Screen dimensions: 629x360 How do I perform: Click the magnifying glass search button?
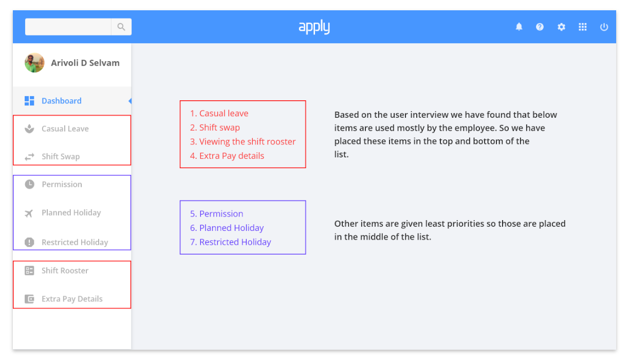click(121, 27)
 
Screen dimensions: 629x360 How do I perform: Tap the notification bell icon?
click(519, 27)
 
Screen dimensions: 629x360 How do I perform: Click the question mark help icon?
click(540, 27)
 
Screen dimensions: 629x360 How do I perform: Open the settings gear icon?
click(561, 27)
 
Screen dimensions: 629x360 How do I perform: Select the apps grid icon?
click(583, 27)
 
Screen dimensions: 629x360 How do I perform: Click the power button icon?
click(604, 27)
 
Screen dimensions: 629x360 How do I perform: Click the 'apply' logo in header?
click(314, 27)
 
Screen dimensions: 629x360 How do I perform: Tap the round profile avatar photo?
click(34, 63)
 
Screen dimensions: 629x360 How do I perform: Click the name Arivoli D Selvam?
click(85, 63)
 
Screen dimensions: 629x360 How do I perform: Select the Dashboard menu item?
click(62, 101)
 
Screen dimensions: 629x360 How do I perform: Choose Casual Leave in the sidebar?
click(65, 129)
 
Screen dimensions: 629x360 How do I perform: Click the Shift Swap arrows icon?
click(29, 156)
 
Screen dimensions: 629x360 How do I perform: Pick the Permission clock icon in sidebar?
click(29, 184)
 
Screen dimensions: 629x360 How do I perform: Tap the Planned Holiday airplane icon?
click(29, 213)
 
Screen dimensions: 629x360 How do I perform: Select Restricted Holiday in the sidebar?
click(75, 242)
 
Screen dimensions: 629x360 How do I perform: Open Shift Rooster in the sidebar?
click(65, 271)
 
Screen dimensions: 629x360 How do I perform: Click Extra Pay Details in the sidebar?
click(72, 299)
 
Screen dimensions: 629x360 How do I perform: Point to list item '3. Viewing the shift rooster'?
click(243, 141)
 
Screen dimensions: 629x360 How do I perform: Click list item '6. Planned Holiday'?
click(227, 228)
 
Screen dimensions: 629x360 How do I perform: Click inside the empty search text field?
click(68, 27)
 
